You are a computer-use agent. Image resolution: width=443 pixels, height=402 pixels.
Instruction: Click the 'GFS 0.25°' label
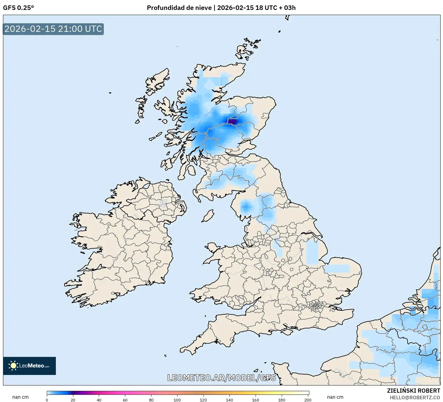tap(18, 8)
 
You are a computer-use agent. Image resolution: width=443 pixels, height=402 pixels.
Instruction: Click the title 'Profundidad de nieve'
tap(179, 8)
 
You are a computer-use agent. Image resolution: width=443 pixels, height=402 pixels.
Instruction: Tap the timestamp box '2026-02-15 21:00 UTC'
tap(53, 29)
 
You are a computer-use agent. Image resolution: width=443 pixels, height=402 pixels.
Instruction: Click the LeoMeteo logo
tap(29, 366)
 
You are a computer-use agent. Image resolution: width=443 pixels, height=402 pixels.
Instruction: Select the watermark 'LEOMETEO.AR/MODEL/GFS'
tap(221, 378)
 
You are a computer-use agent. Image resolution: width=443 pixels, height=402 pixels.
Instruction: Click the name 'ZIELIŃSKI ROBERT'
tap(413, 391)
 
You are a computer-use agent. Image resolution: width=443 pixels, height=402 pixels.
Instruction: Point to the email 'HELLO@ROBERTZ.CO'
tap(415, 397)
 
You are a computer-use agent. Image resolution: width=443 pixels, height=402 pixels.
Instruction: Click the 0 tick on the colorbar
tap(47, 400)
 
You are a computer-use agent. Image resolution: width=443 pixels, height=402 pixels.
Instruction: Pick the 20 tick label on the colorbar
tap(73, 400)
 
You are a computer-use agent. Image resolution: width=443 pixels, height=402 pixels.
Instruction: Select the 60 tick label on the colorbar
tap(125, 400)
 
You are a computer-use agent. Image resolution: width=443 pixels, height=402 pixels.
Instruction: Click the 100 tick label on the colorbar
tap(177, 400)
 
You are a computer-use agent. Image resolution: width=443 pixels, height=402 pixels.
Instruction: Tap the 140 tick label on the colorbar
tap(229, 400)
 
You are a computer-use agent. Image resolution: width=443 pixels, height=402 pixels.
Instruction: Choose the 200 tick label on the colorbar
tap(308, 400)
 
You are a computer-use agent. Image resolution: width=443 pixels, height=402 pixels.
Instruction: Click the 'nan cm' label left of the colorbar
tap(20, 397)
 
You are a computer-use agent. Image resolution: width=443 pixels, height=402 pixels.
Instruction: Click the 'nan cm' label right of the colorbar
tap(335, 397)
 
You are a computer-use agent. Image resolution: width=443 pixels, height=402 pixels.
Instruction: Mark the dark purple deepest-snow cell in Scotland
tap(233, 121)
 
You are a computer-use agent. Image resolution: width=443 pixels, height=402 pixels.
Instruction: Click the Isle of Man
tap(208, 216)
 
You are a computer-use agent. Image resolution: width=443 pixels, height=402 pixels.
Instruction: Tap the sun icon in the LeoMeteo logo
tap(13, 366)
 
